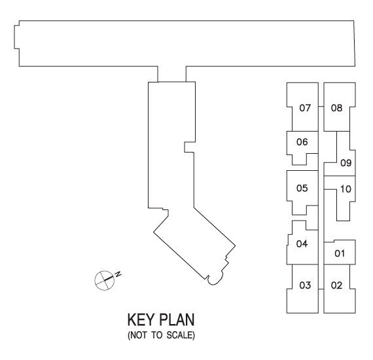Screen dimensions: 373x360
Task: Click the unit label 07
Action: pyautogui.click(x=305, y=108)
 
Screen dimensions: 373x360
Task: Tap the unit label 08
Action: pyautogui.click(x=336, y=108)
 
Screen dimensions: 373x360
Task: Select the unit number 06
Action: pyautogui.click(x=302, y=142)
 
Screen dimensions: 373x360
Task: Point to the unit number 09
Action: pyautogui.click(x=346, y=163)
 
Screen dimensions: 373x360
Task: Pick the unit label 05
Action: pyautogui.click(x=302, y=189)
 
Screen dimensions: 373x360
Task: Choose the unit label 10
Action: pyautogui.click(x=346, y=189)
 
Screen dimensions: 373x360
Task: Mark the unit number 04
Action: pyautogui.click(x=302, y=243)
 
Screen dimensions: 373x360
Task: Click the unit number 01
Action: pyautogui.click(x=340, y=253)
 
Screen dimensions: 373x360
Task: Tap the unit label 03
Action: pyautogui.click(x=305, y=285)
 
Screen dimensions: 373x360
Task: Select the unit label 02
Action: pyautogui.click(x=336, y=285)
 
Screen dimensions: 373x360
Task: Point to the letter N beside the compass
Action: pyautogui.click(x=118, y=274)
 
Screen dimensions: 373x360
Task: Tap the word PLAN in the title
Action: pyautogui.click(x=177, y=319)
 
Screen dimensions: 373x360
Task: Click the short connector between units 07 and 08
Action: pyautogui.click(x=321, y=107)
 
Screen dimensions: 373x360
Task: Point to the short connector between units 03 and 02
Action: pyautogui.click(x=321, y=289)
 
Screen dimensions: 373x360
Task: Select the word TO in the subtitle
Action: pyautogui.click(x=157, y=335)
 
